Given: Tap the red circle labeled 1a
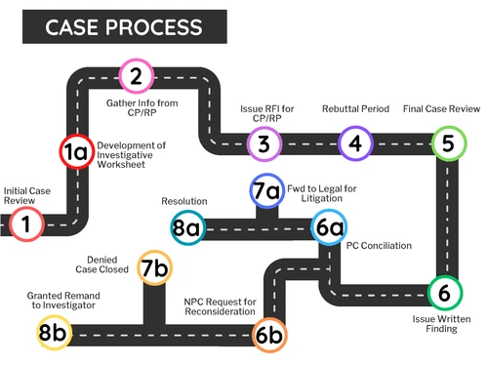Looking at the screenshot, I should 75,151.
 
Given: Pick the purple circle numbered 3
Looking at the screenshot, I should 264,144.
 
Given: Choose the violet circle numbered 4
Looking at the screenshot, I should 355,144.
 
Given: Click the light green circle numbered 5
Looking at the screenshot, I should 448,144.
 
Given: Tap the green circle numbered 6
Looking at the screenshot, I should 444,292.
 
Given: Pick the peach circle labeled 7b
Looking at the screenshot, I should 154,267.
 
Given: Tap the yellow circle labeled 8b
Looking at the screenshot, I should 53,332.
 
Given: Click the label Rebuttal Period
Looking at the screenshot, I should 355,109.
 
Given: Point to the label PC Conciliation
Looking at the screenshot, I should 379,246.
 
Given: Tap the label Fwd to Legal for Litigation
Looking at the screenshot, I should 321,189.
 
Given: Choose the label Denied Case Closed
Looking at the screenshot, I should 107,264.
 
